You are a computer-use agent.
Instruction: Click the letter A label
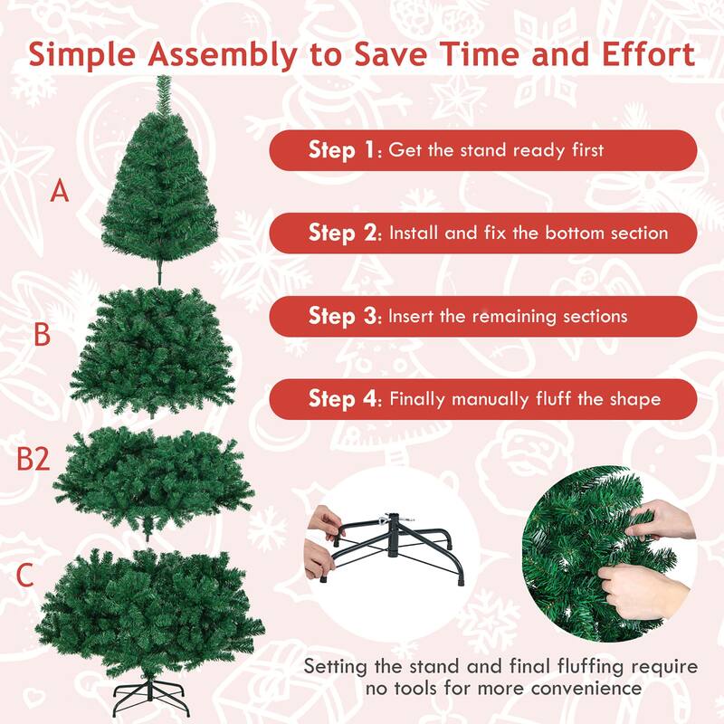coord(60,192)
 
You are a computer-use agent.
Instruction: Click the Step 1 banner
coord(483,150)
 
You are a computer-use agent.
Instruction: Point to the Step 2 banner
coord(483,233)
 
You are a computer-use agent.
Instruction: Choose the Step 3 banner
coord(483,317)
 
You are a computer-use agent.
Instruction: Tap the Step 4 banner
coord(483,399)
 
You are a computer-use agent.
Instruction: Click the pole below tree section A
coord(158,271)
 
